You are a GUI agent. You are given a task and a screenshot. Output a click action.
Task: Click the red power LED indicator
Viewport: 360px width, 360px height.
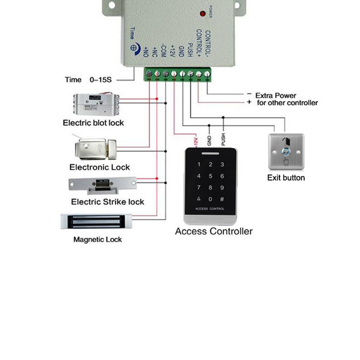click(x=202, y=14)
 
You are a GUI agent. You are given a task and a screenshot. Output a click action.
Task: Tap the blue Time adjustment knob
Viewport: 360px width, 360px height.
click(x=134, y=47)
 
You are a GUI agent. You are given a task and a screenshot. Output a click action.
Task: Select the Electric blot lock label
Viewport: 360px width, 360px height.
click(x=93, y=123)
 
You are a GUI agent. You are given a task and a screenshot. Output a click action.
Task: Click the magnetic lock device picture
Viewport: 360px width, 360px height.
click(x=97, y=221)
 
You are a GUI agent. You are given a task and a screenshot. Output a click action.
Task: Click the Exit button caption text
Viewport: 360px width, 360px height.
click(x=286, y=177)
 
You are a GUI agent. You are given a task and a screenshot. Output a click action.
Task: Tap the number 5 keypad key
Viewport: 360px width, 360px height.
click(x=210, y=176)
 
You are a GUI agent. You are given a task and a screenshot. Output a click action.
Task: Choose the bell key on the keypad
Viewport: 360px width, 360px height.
click(x=198, y=199)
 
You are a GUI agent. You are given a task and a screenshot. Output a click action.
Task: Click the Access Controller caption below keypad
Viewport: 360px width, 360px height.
click(x=214, y=231)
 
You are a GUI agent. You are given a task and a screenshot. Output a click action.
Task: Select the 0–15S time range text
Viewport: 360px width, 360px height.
click(x=100, y=80)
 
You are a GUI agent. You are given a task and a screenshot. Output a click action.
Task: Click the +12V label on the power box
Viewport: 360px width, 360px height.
click(x=172, y=51)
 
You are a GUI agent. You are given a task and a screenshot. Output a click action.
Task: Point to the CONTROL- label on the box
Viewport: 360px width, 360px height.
click(x=207, y=44)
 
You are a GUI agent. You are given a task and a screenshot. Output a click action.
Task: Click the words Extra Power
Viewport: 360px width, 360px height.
click(x=276, y=95)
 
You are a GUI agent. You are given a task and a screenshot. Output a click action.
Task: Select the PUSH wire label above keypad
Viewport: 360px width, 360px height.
click(x=223, y=140)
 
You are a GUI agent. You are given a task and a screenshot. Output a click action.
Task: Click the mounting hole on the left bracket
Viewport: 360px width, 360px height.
click(x=111, y=5)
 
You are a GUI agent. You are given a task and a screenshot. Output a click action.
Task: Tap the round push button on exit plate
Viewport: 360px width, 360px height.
click(x=286, y=152)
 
